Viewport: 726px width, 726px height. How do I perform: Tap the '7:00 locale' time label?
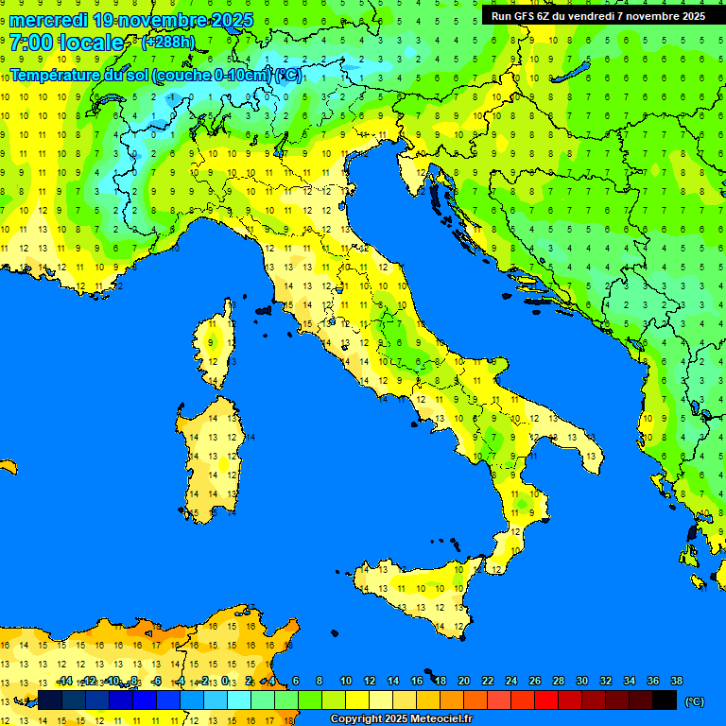pyautogui.click(x=66, y=43)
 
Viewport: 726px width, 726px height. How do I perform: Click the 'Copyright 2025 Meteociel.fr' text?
pyautogui.click(x=401, y=719)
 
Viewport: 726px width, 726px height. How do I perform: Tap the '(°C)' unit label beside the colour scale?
pyautogui.click(x=694, y=700)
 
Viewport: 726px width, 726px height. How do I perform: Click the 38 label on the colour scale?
pyautogui.click(x=676, y=681)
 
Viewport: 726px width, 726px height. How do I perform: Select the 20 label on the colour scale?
pyautogui.click(x=464, y=681)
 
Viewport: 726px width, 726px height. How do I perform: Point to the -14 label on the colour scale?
pyautogui.click(x=64, y=681)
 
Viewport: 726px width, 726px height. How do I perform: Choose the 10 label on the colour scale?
pyautogui.click(x=346, y=681)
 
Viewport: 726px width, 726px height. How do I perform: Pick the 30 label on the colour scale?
pyautogui.click(x=581, y=681)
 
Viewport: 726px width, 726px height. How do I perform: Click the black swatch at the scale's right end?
pyautogui.click(x=665, y=700)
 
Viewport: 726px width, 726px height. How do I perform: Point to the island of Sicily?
pyautogui.click(x=416, y=596)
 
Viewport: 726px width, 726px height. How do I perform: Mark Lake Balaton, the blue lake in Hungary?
pyautogui.click(x=574, y=74)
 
